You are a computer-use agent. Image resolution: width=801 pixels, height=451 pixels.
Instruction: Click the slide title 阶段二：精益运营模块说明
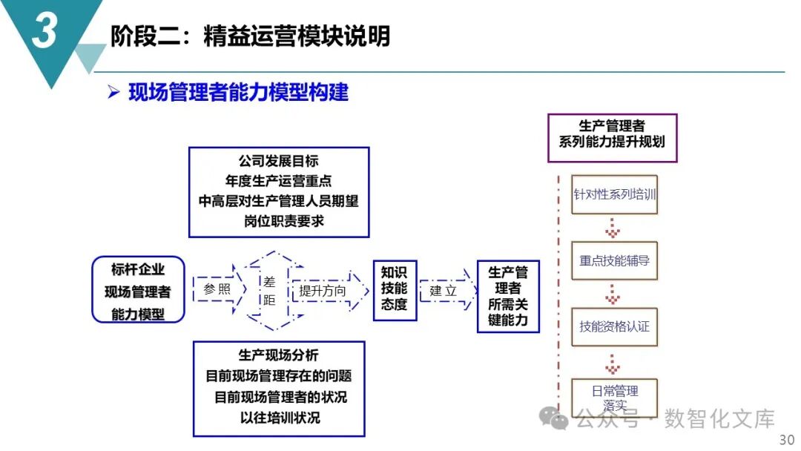tap(250, 36)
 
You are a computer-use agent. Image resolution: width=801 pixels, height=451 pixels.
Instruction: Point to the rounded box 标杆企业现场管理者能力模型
tap(138, 290)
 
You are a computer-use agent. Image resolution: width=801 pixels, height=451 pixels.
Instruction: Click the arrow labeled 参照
tap(217, 289)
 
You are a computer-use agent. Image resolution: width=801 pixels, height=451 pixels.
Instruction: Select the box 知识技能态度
tap(394, 289)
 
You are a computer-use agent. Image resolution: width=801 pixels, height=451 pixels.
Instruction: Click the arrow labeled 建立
tap(445, 290)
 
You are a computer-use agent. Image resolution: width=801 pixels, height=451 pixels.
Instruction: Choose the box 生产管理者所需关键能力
tap(508, 296)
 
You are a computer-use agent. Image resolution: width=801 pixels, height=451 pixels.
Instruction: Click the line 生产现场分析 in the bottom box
tap(278, 356)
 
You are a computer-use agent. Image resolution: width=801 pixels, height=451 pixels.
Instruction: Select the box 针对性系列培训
tap(614, 195)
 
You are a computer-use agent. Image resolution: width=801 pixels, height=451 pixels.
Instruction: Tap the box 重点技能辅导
tap(614, 260)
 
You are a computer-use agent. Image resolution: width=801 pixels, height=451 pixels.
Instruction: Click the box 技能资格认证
tap(614, 326)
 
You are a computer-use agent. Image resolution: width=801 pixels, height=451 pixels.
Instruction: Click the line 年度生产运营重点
tap(279, 180)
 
